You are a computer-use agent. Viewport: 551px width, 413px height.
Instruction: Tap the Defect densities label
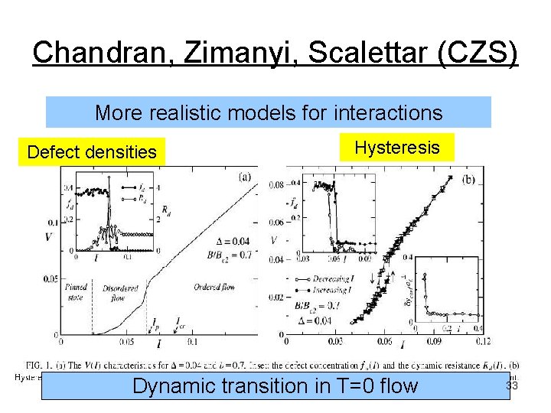[92, 152]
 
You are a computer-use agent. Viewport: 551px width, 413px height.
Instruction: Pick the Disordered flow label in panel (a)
[120, 293]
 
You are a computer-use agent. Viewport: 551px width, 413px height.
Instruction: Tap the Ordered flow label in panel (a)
[209, 289]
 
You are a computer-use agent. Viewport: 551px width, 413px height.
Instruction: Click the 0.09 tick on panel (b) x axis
[432, 341]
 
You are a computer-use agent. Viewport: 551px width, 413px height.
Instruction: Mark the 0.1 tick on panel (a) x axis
[192, 341]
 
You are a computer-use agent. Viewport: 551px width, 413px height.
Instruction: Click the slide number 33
[512, 386]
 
